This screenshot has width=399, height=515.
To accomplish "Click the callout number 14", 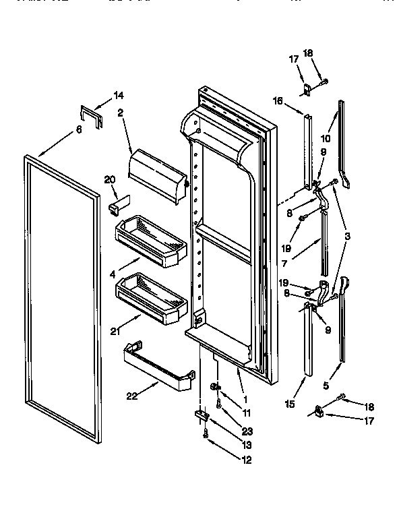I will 119,95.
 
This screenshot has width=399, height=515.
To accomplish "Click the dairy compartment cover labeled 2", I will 156,177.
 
